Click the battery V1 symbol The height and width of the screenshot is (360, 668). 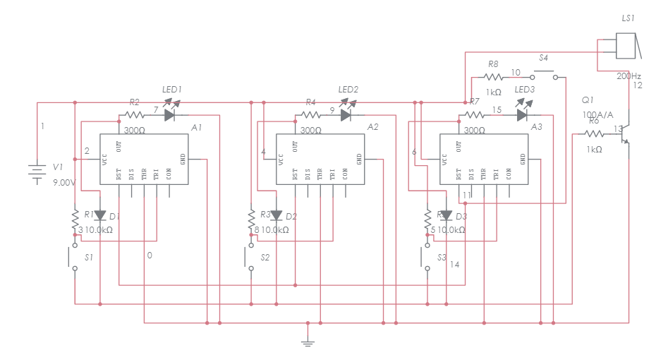(37, 172)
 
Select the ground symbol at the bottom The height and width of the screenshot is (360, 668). (308, 342)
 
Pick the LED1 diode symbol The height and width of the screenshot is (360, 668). (170, 114)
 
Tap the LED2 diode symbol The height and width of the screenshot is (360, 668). (346, 114)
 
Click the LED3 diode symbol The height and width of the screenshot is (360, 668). (523, 114)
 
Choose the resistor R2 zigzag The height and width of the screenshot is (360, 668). (133, 114)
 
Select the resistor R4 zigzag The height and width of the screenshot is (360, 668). (310, 114)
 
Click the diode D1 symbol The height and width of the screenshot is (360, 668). (99, 216)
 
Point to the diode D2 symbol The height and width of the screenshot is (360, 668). (276, 216)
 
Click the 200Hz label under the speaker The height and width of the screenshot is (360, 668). (629, 76)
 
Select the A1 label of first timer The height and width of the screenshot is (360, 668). (196, 127)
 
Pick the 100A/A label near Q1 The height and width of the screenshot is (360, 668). (597, 114)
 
